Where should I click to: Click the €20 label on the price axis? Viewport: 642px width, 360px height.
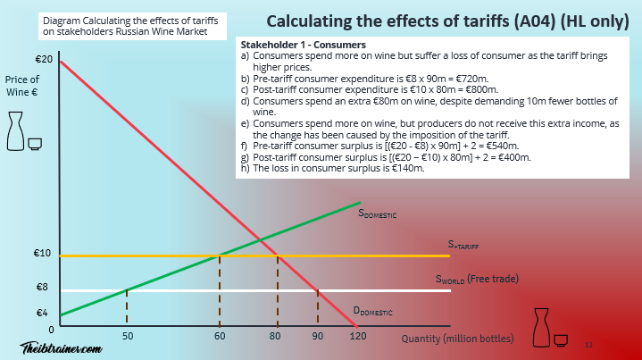[x=41, y=59]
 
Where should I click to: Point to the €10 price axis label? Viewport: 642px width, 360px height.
[x=41, y=254]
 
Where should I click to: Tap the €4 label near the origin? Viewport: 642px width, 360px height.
[x=41, y=313]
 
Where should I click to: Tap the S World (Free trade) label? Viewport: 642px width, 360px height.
[x=476, y=279]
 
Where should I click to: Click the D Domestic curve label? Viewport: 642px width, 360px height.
[x=374, y=311]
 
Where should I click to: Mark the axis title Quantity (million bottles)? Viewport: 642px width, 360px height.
[x=458, y=338]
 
